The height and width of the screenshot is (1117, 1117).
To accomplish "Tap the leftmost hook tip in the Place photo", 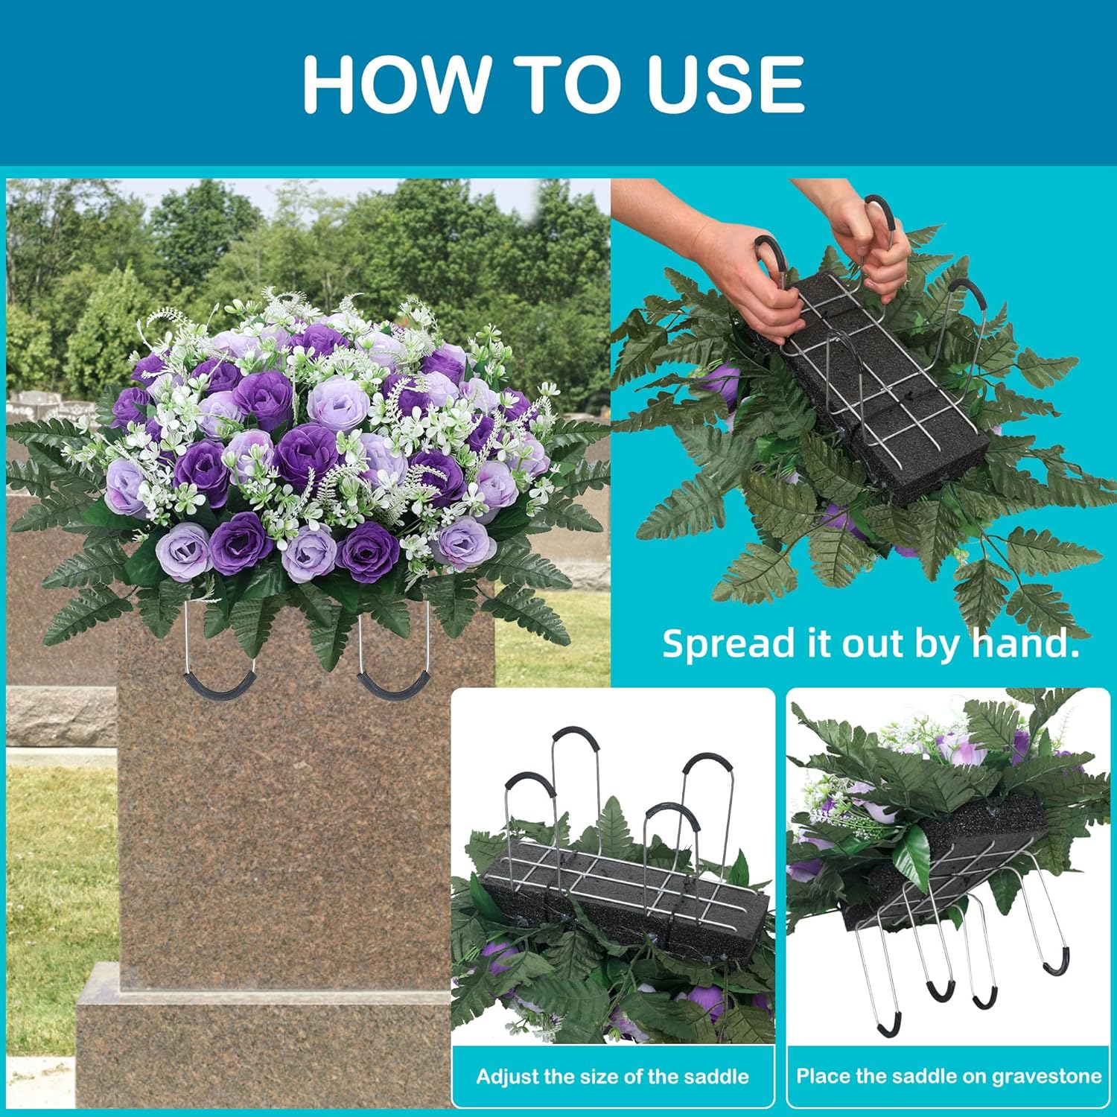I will click(x=886, y=1028).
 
